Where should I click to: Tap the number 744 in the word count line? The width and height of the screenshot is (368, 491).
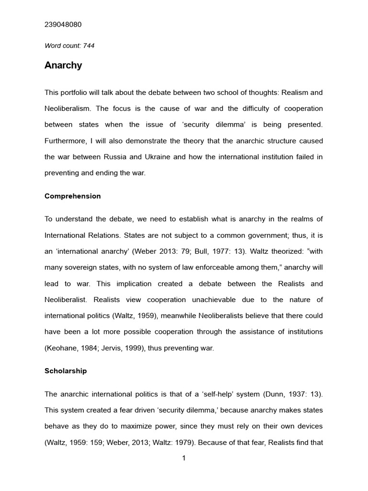pyautogui.click(x=89, y=46)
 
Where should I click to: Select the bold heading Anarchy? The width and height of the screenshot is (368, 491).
pyautogui.click(x=63, y=66)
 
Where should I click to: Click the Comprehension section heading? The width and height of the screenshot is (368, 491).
pyautogui.click(x=72, y=196)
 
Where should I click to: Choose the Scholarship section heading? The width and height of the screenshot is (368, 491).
pyautogui.click(x=66, y=371)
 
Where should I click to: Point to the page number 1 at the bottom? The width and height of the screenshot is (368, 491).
pyautogui.click(x=184, y=458)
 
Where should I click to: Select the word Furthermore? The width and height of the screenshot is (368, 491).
pyautogui.click(x=64, y=141)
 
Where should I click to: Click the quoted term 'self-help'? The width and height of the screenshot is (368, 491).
pyautogui.click(x=219, y=394)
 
